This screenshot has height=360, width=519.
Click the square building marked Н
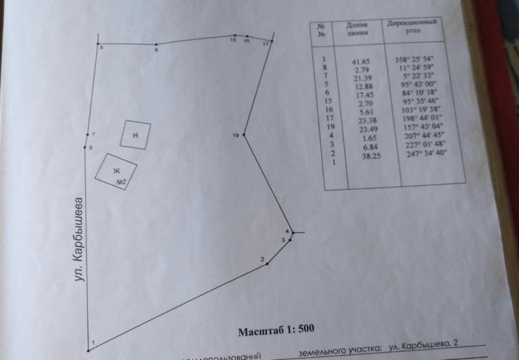pos(136,134)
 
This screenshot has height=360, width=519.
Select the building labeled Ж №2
pos(116,172)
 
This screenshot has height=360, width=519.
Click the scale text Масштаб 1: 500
pos(277,331)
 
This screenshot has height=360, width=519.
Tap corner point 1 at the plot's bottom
pos(89,350)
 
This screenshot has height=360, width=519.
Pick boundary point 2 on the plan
pos(268,263)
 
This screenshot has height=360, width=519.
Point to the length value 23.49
pos(365,130)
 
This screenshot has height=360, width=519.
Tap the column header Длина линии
pos(358,29)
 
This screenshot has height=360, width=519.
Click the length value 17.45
pos(364,96)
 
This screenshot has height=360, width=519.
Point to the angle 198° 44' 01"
pos(422,118)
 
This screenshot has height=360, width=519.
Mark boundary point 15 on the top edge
pos(234,36)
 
